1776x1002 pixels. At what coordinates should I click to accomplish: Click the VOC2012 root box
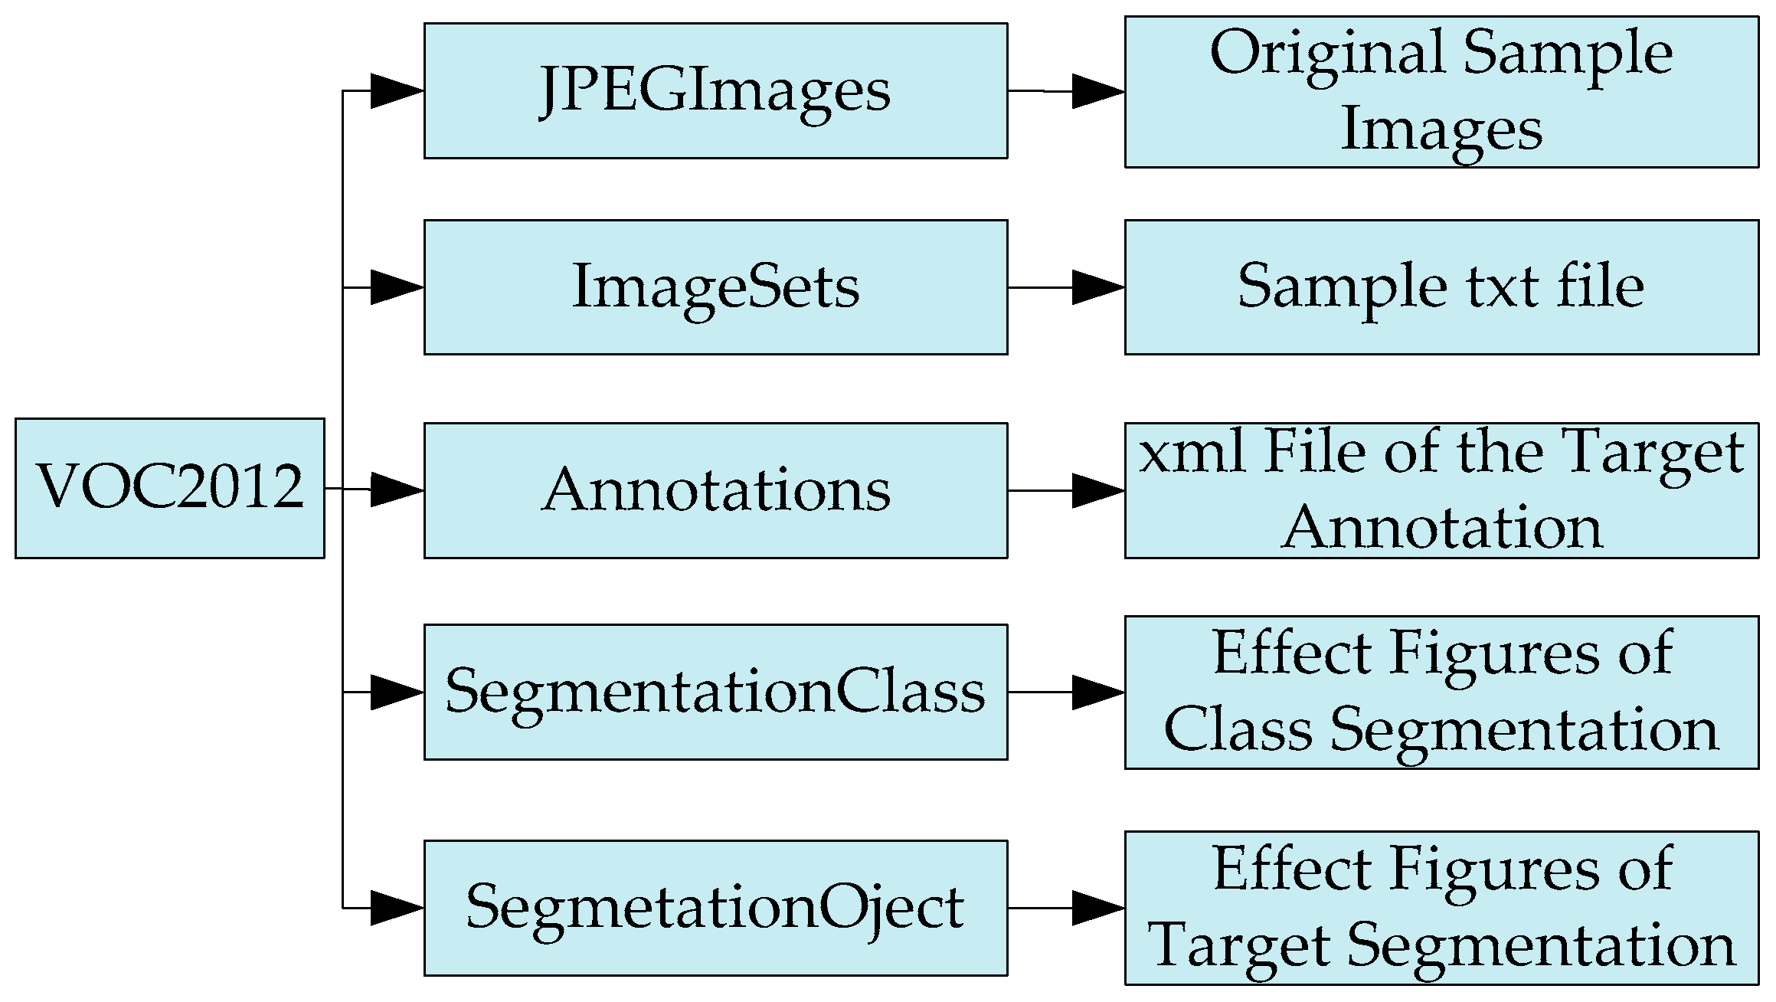(169, 488)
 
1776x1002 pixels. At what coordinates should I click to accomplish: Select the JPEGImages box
(715, 90)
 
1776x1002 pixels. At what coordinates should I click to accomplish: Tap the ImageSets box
(715, 287)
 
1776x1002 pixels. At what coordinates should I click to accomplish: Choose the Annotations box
(715, 490)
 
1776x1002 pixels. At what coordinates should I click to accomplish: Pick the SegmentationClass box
(715, 692)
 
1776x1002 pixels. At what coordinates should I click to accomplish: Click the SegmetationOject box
(715, 908)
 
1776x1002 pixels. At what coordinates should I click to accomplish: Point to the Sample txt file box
(1441, 287)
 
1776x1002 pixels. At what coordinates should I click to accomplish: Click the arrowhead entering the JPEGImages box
(395, 91)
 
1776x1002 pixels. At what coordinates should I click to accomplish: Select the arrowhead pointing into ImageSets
(395, 287)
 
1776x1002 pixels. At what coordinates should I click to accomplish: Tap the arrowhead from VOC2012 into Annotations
(395, 490)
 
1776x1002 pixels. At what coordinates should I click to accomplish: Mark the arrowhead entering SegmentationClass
(395, 692)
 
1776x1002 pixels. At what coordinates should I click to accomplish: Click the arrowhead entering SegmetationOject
(395, 908)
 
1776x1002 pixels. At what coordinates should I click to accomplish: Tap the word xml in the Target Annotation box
(1191, 452)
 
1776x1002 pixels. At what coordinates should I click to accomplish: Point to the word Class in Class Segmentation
(1238, 729)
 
